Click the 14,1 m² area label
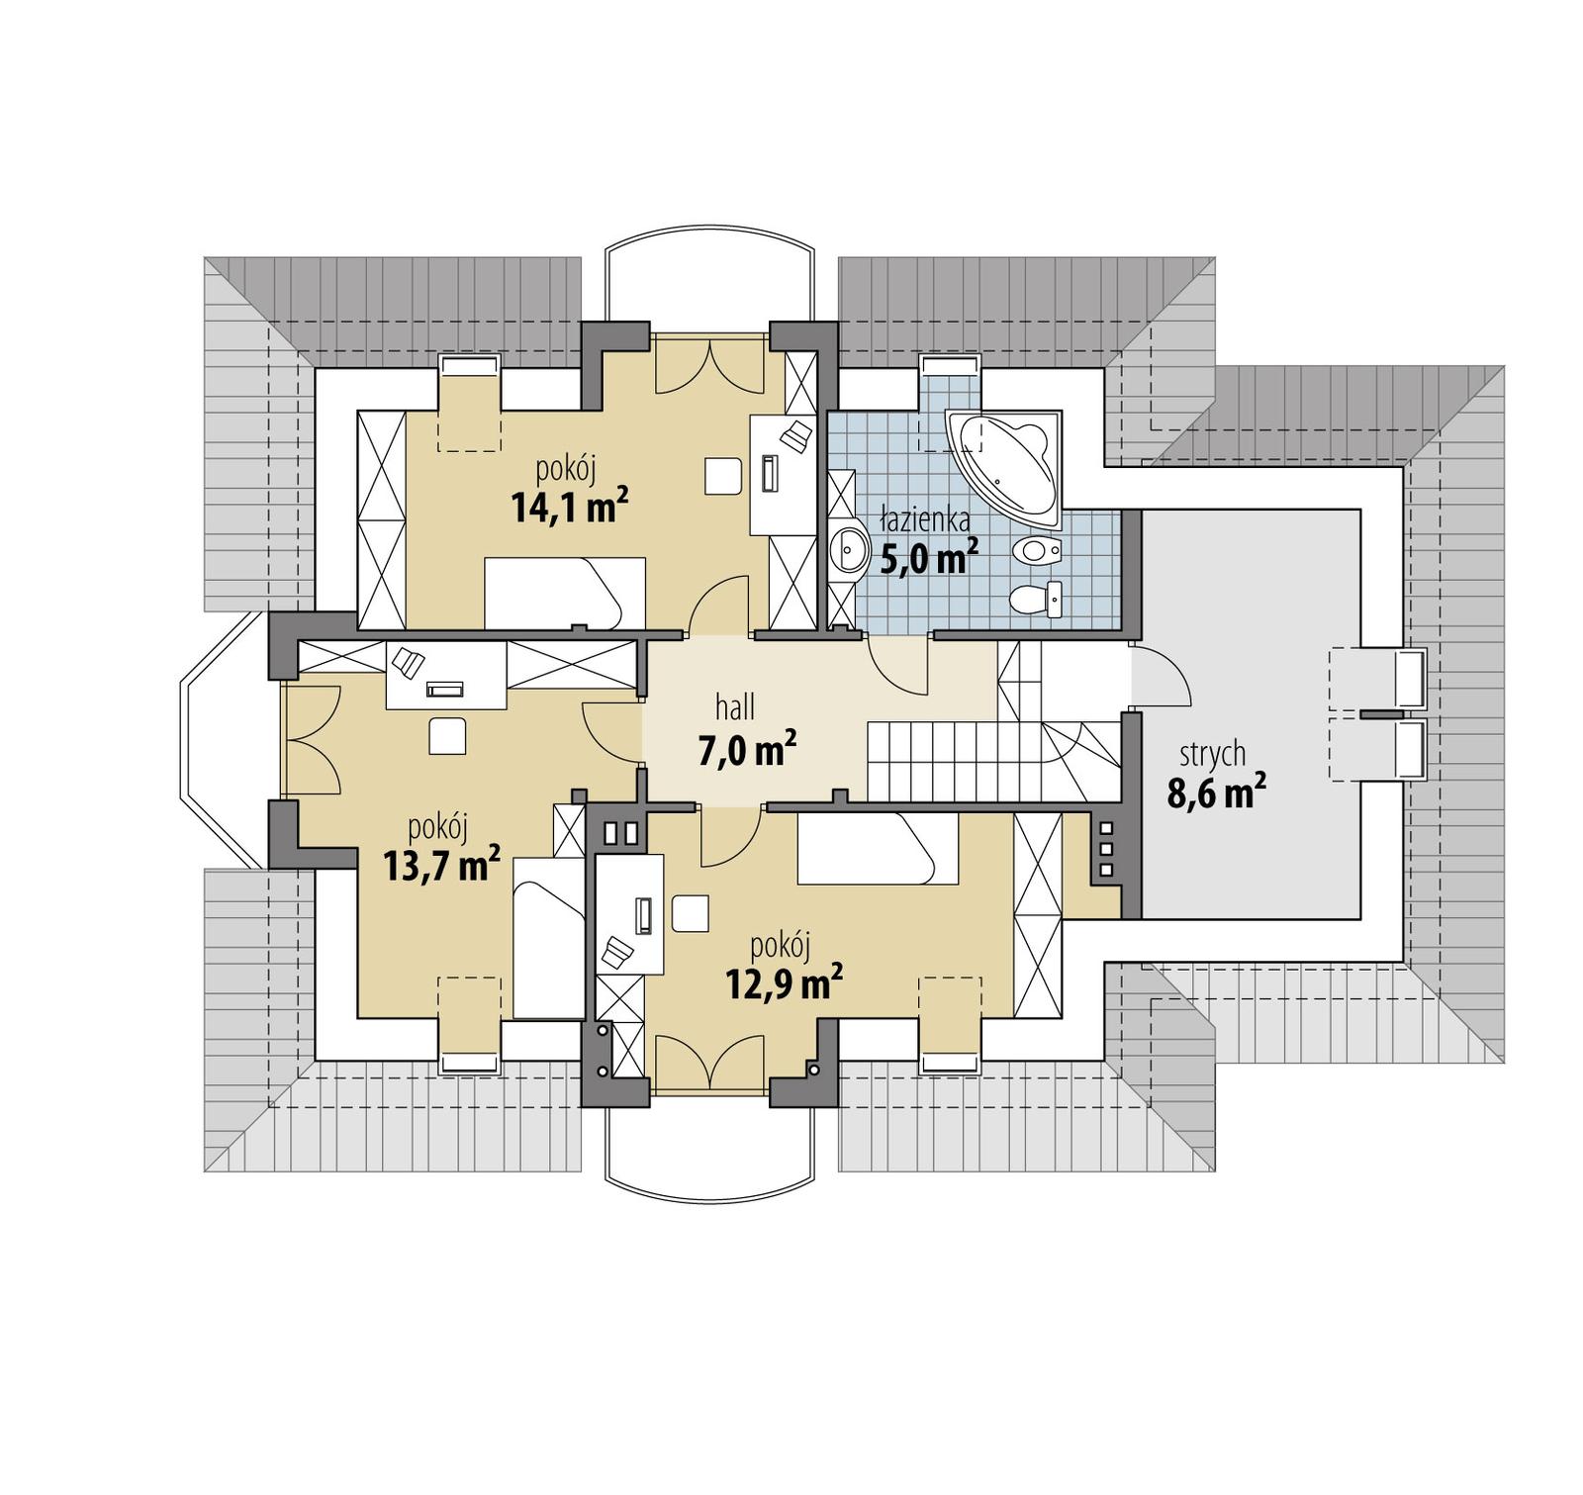click(x=570, y=507)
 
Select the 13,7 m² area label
click(x=441, y=864)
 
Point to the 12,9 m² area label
click(x=784, y=982)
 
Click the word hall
click(x=735, y=706)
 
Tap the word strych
click(x=1212, y=754)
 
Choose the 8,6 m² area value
click(x=1216, y=793)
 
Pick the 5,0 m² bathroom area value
click(x=928, y=558)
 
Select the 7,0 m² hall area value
click(x=747, y=750)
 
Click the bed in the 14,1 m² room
click(x=564, y=592)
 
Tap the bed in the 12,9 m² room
click(x=877, y=848)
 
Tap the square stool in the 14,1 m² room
click(x=723, y=475)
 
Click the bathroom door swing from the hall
click(x=898, y=665)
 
